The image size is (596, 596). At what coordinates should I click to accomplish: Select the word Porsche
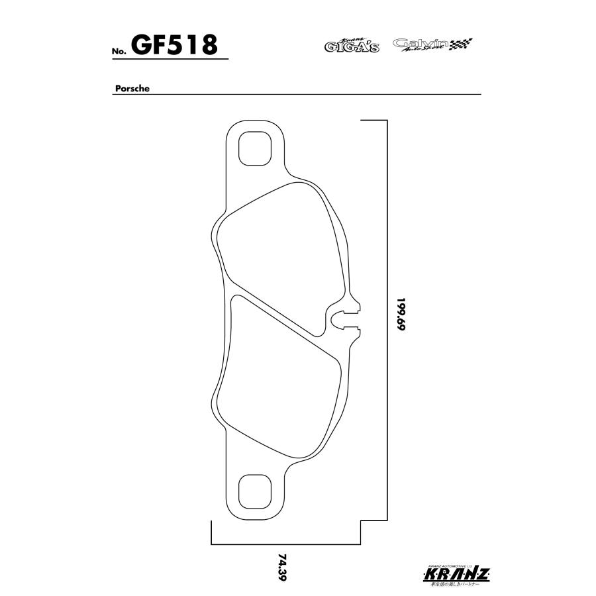tap(130, 87)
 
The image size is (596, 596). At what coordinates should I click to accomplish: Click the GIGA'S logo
tap(352, 45)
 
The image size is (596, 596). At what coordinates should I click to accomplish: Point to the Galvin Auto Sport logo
tap(421, 44)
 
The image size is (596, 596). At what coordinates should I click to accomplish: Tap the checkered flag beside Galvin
tap(462, 44)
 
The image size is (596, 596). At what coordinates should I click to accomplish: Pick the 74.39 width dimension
tap(283, 568)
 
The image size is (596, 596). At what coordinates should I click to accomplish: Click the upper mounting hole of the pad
tap(254, 150)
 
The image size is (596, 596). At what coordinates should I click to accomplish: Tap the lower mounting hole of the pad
tap(254, 491)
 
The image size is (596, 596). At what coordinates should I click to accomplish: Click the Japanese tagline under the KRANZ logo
tap(457, 585)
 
